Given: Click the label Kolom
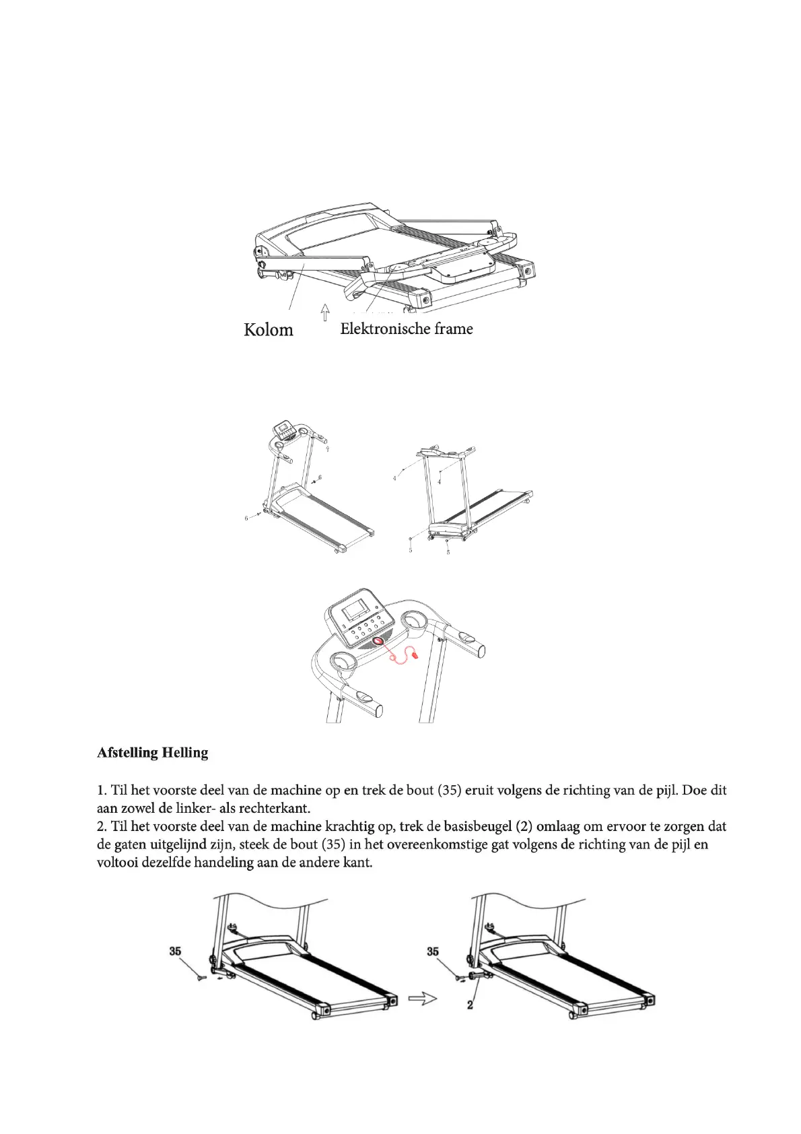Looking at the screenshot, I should [268, 330].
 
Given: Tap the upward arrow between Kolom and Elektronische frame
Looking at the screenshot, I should [325, 312].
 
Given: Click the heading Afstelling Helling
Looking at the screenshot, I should [152, 752].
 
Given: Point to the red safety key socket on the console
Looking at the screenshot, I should [377, 641].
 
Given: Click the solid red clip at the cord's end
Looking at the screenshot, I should [415, 653].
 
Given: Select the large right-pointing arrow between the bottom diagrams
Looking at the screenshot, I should [423, 999].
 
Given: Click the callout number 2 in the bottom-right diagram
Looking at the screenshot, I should [470, 1005].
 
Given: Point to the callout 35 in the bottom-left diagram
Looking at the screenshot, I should [175, 952].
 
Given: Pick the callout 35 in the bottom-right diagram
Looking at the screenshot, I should [432, 952].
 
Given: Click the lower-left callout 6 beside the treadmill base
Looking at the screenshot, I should [246, 519].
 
